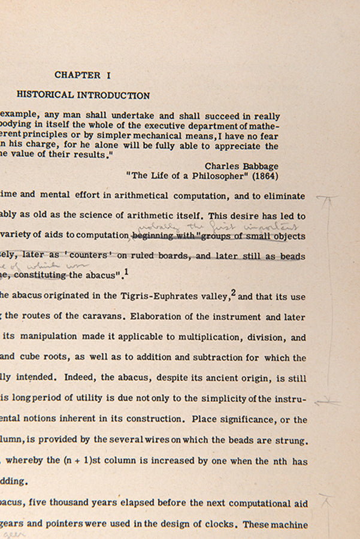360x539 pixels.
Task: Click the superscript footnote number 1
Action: (x=126, y=271)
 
